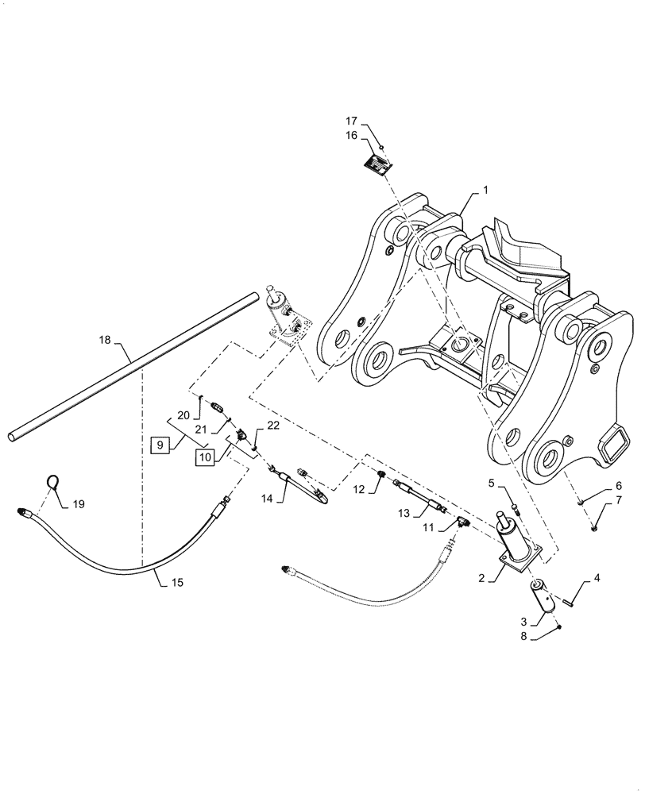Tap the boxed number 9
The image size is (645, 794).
click(159, 445)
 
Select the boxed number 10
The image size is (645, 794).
click(205, 457)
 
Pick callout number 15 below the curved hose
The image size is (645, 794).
click(176, 582)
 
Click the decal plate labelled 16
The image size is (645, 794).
click(377, 164)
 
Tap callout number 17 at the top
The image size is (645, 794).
click(351, 121)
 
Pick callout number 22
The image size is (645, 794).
click(272, 426)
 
